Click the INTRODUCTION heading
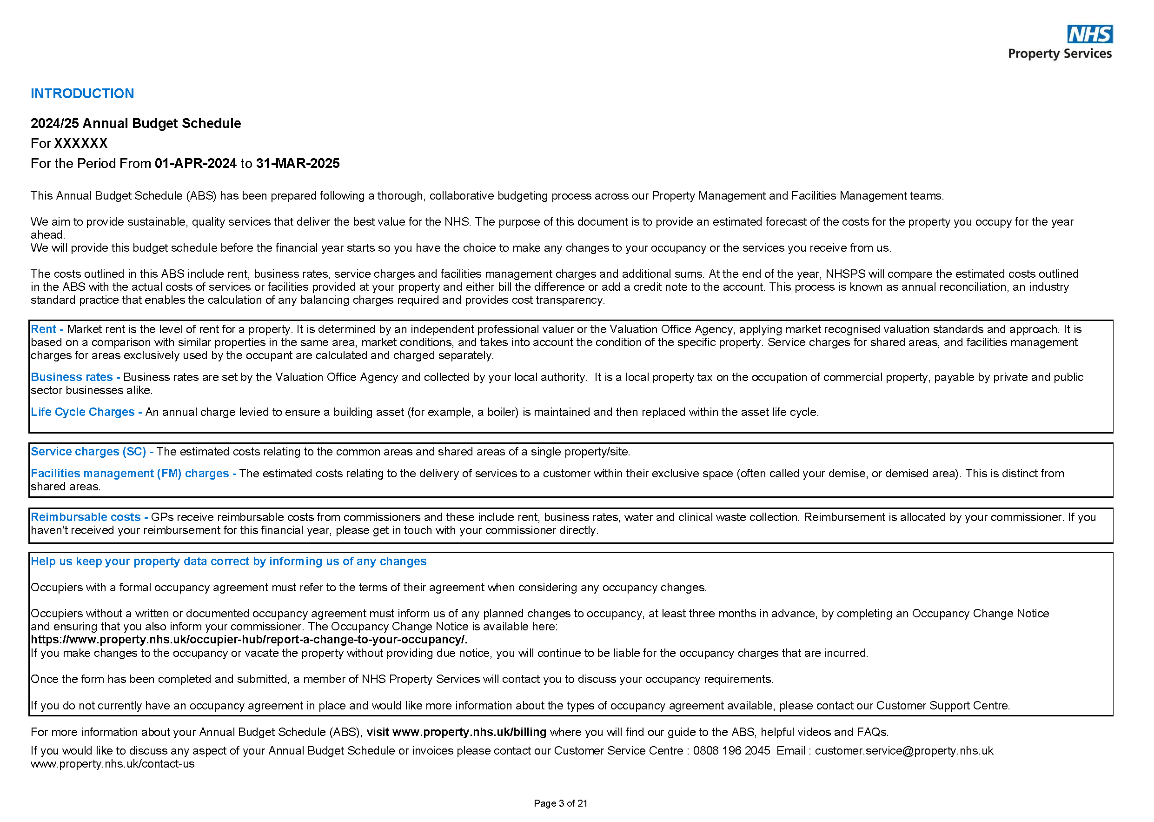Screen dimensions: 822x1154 coord(82,94)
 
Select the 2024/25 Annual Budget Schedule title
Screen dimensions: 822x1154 coord(136,123)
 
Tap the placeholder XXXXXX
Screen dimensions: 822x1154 coord(81,144)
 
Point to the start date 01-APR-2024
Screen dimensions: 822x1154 coord(195,163)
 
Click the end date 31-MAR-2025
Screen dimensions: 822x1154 coord(298,163)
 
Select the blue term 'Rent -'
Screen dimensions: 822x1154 coord(46,329)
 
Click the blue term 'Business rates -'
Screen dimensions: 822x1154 coord(75,378)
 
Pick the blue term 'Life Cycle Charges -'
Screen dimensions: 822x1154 coord(86,413)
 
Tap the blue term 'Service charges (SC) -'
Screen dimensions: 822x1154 coord(92,452)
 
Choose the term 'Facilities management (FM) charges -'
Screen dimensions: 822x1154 coord(133,474)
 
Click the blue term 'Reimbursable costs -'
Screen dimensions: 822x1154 coord(89,517)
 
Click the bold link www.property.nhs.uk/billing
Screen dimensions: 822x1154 coord(469,732)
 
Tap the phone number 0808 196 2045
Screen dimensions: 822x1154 coord(731,751)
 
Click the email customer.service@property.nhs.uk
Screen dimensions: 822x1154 coord(903,751)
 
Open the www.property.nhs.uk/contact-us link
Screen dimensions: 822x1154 coord(113,764)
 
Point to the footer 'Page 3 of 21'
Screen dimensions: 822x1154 coord(561,803)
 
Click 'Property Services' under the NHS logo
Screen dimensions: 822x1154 coord(1060,53)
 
